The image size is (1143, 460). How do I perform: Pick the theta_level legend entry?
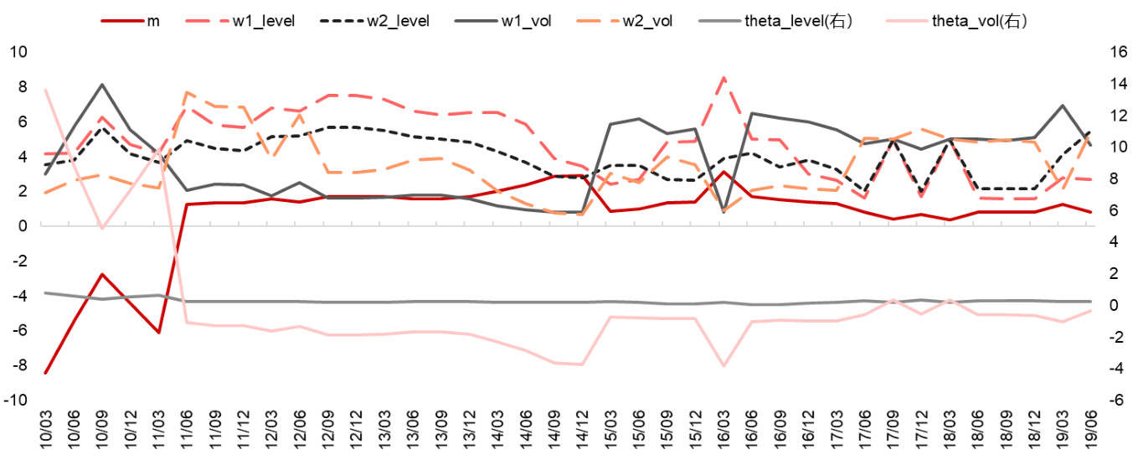(798, 20)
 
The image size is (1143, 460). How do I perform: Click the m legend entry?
(153, 20)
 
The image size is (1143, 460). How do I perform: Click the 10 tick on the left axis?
(18, 51)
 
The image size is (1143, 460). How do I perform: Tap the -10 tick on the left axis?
(16, 401)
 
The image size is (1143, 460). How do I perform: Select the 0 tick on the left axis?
(23, 225)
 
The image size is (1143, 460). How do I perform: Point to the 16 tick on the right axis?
(1117, 51)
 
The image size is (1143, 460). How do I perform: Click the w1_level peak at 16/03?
(723, 77)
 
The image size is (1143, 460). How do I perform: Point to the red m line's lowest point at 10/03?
(45, 374)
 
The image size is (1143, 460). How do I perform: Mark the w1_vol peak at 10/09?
(101, 84)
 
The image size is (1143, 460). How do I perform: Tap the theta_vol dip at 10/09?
(101, 228)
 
